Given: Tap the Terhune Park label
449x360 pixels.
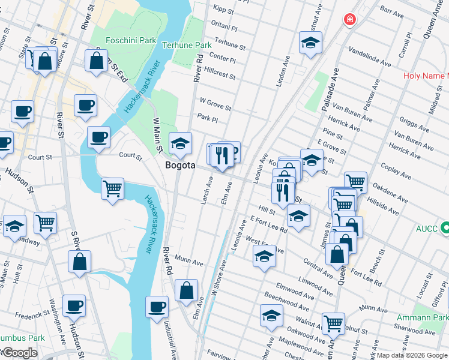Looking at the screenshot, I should click(187, 45).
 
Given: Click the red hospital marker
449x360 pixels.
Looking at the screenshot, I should click(349, 20).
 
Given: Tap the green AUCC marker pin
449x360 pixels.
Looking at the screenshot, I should click(444, 228).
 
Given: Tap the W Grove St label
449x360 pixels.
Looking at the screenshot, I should click(215, 104).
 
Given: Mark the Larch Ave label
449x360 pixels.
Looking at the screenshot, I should click(207, 190).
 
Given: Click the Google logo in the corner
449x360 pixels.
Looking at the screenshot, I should click(19, 353).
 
